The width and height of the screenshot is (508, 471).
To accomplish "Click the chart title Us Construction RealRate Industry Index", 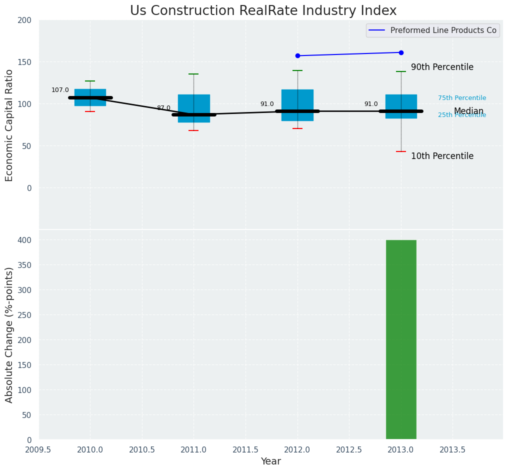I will (263, 11).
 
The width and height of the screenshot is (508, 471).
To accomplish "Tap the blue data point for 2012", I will (297, 55).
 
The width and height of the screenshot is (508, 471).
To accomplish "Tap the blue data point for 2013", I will (401, 52).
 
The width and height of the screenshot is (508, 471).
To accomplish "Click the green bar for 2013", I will (401, 339).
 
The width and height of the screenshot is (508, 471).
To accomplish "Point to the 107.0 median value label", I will (60, 90).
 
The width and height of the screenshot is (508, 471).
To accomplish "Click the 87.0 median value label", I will (163, 108).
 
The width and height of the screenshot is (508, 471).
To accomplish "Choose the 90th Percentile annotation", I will (442, 67).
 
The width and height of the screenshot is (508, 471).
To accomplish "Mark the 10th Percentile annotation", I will (442, 156).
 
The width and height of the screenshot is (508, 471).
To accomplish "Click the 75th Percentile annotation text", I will (462, 98).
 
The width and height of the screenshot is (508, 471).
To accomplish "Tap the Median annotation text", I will (468, 111).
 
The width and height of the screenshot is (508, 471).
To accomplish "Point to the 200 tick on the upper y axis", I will (24, 20).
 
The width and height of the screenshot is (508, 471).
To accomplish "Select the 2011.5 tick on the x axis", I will (245, 449).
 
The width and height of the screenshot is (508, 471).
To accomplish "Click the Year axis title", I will (270, 461).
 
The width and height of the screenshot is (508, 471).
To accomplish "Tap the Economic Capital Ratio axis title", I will (9, 125).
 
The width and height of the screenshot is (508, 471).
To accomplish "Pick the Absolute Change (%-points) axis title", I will (9, 334).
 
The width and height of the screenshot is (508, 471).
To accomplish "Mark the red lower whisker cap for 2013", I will (401, 151).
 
